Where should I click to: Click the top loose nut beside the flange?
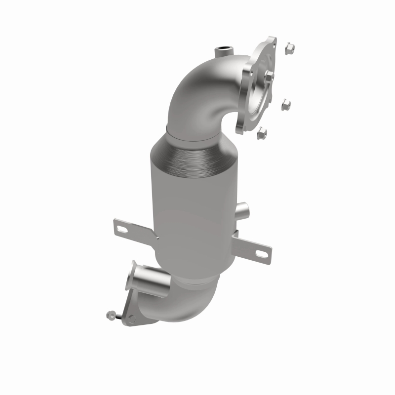point(289,48)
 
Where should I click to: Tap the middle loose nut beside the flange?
point(285,105)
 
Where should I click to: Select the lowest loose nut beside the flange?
point(263,132)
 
